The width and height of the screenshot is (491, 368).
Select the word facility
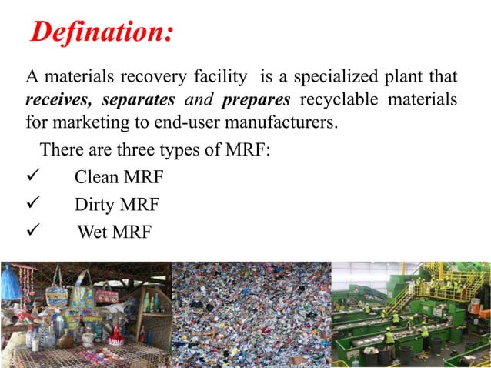(219, 77)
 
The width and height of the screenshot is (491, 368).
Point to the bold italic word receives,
(59, 100)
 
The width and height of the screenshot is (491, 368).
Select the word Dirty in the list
(95, 205)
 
